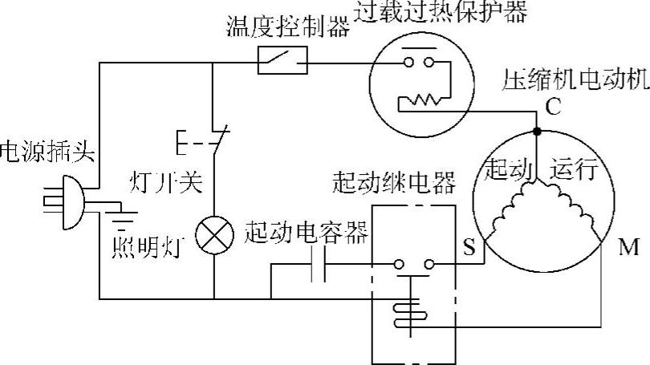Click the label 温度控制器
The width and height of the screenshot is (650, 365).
click(x=289, y=29)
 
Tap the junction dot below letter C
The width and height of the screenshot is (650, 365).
click(x=537, y=131)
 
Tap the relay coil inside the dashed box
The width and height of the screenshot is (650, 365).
click(x=409, y=313)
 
